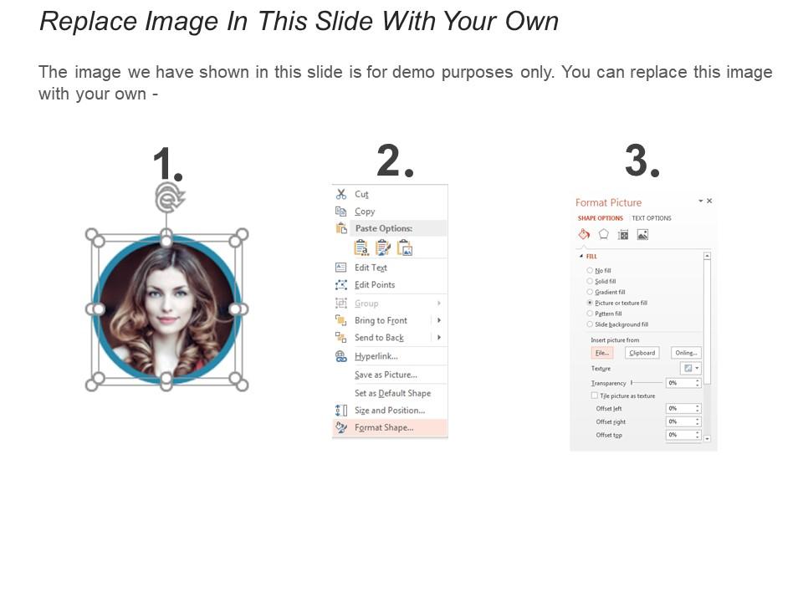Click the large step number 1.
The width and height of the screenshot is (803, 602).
coord(166,164)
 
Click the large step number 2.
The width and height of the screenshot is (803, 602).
coord(394,161)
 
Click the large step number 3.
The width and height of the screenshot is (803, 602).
coord(642,161)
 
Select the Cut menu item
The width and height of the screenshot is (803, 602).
coord(361,194)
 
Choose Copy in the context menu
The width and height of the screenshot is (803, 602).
coord(365,212)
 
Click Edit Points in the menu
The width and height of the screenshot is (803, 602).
coord(374,285)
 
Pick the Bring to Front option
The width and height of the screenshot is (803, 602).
coord(381,320)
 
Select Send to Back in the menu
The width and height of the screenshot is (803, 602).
coord(379,338)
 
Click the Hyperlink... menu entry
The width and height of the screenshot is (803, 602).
coord(376,356)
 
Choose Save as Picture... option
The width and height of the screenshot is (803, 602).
coord(386,375)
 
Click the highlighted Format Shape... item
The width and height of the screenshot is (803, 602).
coord(384,427)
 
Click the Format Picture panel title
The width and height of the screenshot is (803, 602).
coord(608,202)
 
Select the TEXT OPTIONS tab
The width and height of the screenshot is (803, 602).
coord(652,218)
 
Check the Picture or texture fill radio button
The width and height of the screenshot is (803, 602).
coord(590,303)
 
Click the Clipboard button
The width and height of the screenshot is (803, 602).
coord(642,353)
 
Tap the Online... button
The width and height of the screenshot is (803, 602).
coord(686,353)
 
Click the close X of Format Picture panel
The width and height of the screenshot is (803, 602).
coord(709,202)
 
